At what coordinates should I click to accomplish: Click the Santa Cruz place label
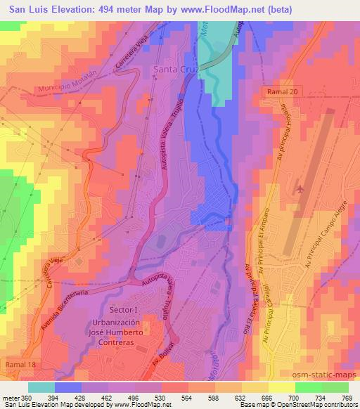click(x=176, y=71)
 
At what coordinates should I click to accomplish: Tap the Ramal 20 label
click(x=283, y=92)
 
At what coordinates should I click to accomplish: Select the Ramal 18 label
click(x=20, y=366)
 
